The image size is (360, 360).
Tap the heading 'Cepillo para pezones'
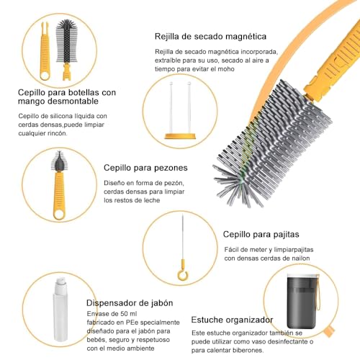coord(148,167)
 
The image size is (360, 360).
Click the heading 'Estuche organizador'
coord(232,319)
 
